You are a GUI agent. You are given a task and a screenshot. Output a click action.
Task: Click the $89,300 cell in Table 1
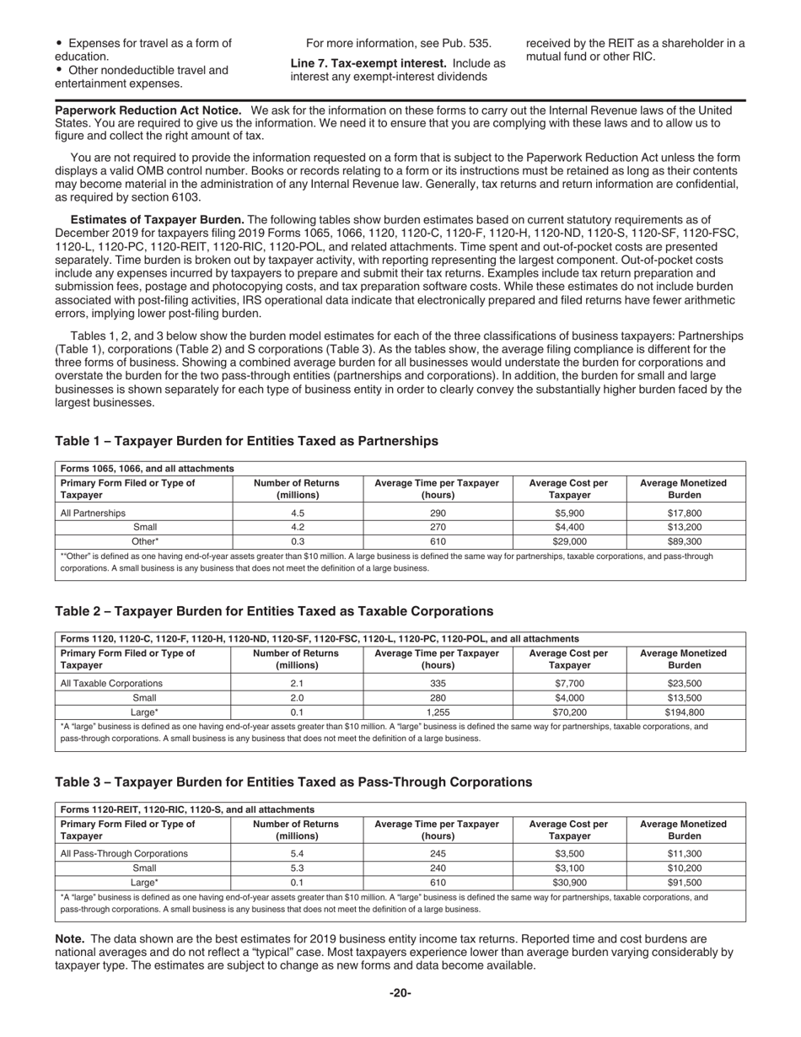click(x=684, y=542)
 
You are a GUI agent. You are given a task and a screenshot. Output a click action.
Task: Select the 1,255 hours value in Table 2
click(x=438, y=712)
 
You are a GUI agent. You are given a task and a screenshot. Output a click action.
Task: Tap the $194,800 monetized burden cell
click(x=684, y=712)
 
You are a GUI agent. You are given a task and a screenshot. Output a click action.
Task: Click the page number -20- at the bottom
click(x=400, y=993)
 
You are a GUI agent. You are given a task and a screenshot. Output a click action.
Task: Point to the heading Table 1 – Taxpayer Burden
click(x=246, y=441)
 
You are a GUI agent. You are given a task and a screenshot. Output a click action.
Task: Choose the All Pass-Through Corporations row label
click(x=124, y=853)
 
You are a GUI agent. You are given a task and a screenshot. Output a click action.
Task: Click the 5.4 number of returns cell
click(x=297, y=853)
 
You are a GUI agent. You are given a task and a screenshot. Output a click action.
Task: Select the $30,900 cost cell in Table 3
click(x=569, y=883)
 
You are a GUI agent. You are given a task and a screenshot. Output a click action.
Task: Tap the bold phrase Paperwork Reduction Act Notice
click(x=148, y=110)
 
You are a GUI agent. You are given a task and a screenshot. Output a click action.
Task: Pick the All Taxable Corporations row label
click(x=111, y=683)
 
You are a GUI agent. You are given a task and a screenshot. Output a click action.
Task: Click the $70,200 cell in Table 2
click(x=569, y=712)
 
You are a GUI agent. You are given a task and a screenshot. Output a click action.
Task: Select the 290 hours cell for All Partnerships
click(x=438, y=513)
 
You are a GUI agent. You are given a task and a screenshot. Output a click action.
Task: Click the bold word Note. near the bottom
click(x=69, y=938)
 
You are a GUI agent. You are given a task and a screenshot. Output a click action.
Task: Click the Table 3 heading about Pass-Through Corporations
click(x=293, y=782)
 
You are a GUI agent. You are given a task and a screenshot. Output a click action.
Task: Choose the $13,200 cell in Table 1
click(x=684, y=527)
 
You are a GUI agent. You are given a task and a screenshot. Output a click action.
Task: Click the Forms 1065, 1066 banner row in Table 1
click(x=148, y=468)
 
